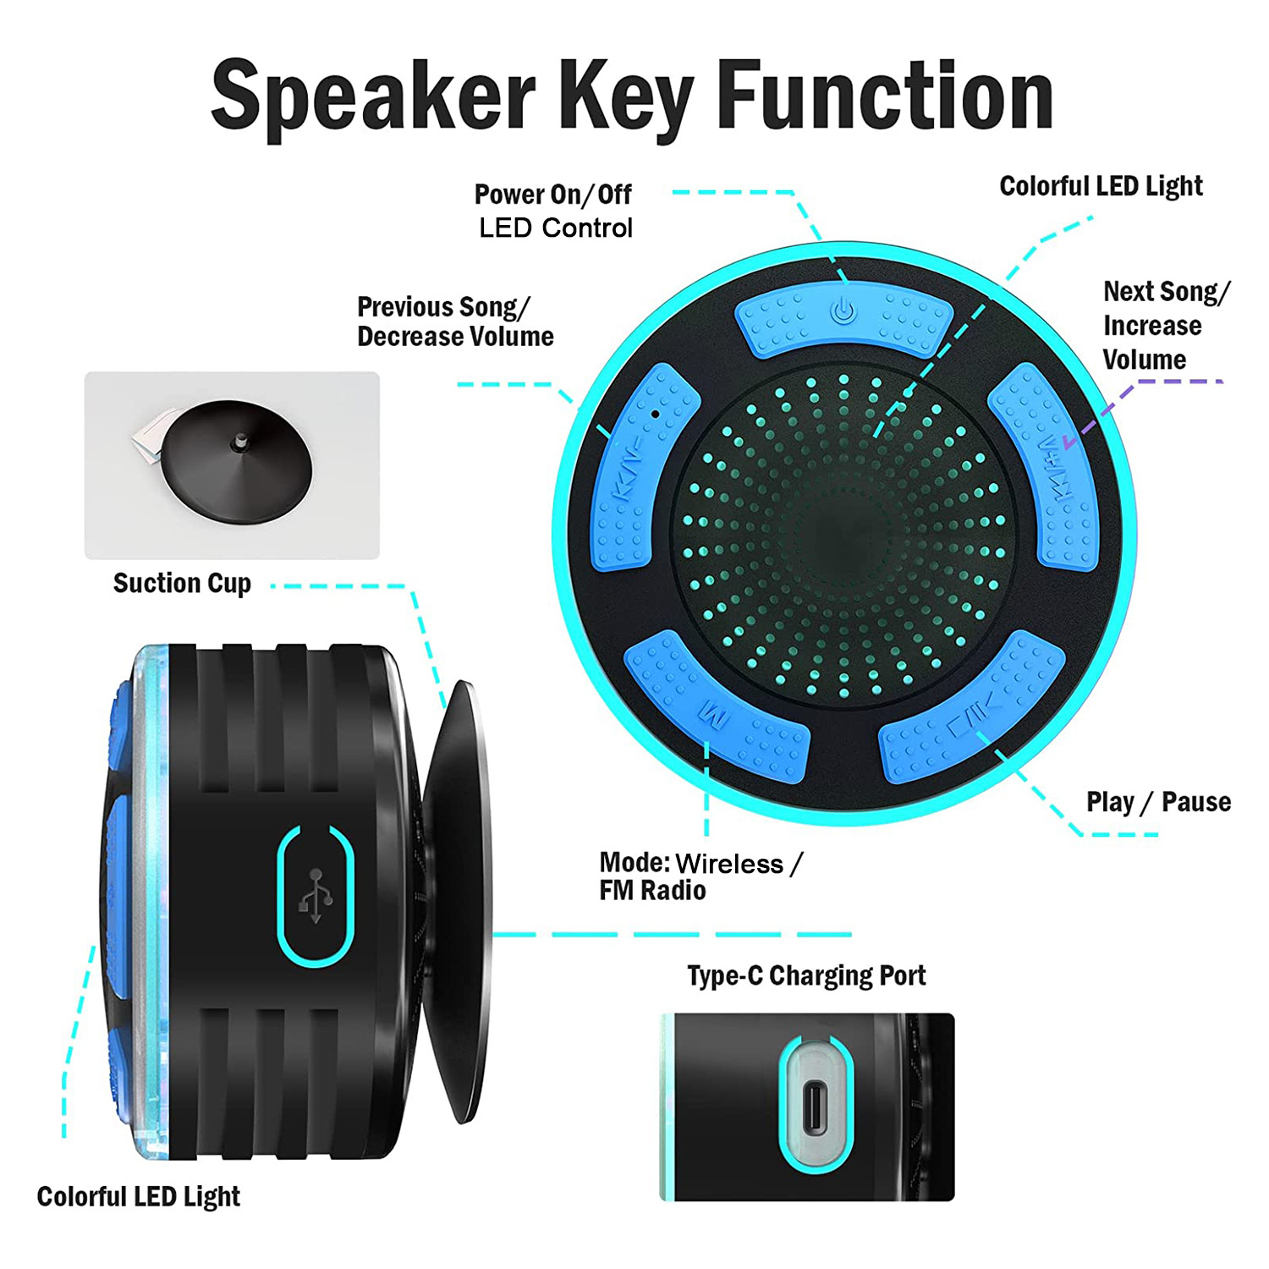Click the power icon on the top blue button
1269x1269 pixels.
tap(843, 311)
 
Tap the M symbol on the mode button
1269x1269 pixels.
tap(715, 717)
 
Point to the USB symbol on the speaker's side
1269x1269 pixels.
tap(316, 895)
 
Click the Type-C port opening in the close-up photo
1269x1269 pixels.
tap(815, 1106)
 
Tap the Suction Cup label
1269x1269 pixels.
tap(182, 583)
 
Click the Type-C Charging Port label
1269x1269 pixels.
tap(806, 975)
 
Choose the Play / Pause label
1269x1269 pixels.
tap(1158, 801)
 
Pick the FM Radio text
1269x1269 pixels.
tap(652, 890)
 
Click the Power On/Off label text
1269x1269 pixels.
tap(552, 195)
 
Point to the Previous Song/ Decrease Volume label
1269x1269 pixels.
tap(455, 321)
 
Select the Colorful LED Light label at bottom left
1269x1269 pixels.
tap(138, 1196)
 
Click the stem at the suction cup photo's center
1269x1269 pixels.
tap(240, 441)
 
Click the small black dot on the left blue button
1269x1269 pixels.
tap(655, 415)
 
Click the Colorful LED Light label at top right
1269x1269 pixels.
tap(1101, 186)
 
